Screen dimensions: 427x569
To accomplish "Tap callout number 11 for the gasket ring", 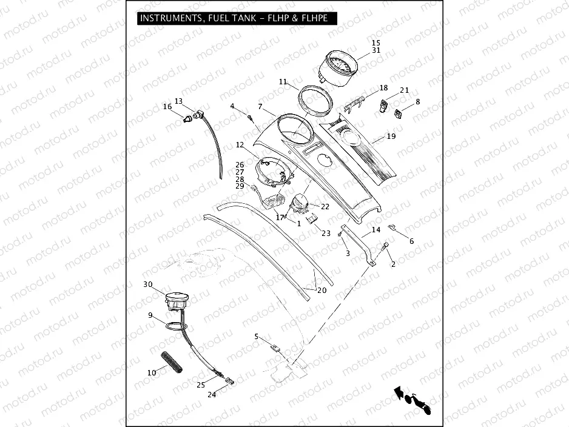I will click(283, 82).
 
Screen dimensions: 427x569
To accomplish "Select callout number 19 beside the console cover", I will click(391, 136).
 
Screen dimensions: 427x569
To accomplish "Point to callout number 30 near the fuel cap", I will click(147, 284).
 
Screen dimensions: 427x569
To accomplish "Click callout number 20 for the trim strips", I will click(322, 290).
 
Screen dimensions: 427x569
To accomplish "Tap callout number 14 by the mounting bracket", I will click(375, 230).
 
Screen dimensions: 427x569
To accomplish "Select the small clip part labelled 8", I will click(398, 112).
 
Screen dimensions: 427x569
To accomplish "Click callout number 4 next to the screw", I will click(232, 107).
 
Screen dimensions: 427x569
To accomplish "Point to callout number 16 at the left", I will click(167, 107).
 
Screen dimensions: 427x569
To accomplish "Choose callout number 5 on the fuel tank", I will click(256, 336).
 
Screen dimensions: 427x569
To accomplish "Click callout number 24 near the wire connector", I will click(212, 395).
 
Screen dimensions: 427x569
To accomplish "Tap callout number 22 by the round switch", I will click(325, 207).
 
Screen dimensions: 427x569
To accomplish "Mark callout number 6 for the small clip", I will click(411, 241).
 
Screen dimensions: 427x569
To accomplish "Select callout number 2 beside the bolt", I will click(392, 264).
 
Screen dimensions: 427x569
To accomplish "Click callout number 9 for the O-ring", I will click(150, 315).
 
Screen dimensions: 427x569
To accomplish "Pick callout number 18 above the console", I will click(383, 88).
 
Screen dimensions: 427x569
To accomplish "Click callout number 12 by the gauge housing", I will click(240, 145).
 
